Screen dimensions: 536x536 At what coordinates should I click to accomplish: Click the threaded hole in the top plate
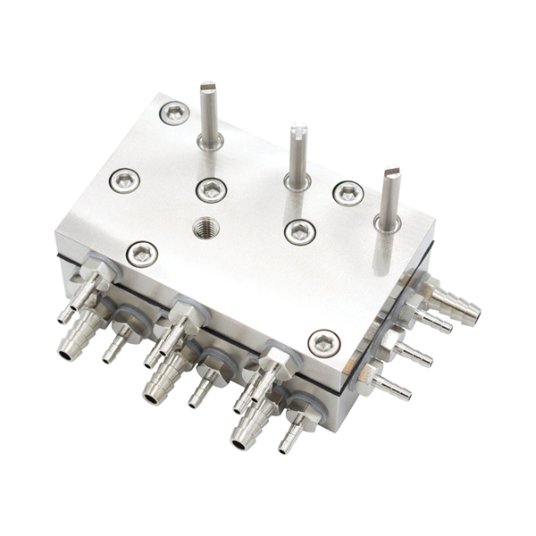click(205, 230)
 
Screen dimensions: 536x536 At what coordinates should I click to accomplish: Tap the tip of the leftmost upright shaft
click(208, 88)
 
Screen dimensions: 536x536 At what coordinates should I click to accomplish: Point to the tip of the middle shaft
click(297, 131)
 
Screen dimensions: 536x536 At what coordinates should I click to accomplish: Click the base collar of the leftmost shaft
click(211, 140)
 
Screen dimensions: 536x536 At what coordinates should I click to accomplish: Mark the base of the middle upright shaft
click(297, 181)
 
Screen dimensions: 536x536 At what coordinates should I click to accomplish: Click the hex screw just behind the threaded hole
click(211, 189)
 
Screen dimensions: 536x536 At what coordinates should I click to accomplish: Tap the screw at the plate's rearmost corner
click(174, 113)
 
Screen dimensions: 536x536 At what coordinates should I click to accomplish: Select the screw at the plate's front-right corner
click(323, 342)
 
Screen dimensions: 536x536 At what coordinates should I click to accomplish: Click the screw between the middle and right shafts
click(348, 193)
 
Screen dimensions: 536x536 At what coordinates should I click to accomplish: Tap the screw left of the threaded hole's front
click(142, 254)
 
